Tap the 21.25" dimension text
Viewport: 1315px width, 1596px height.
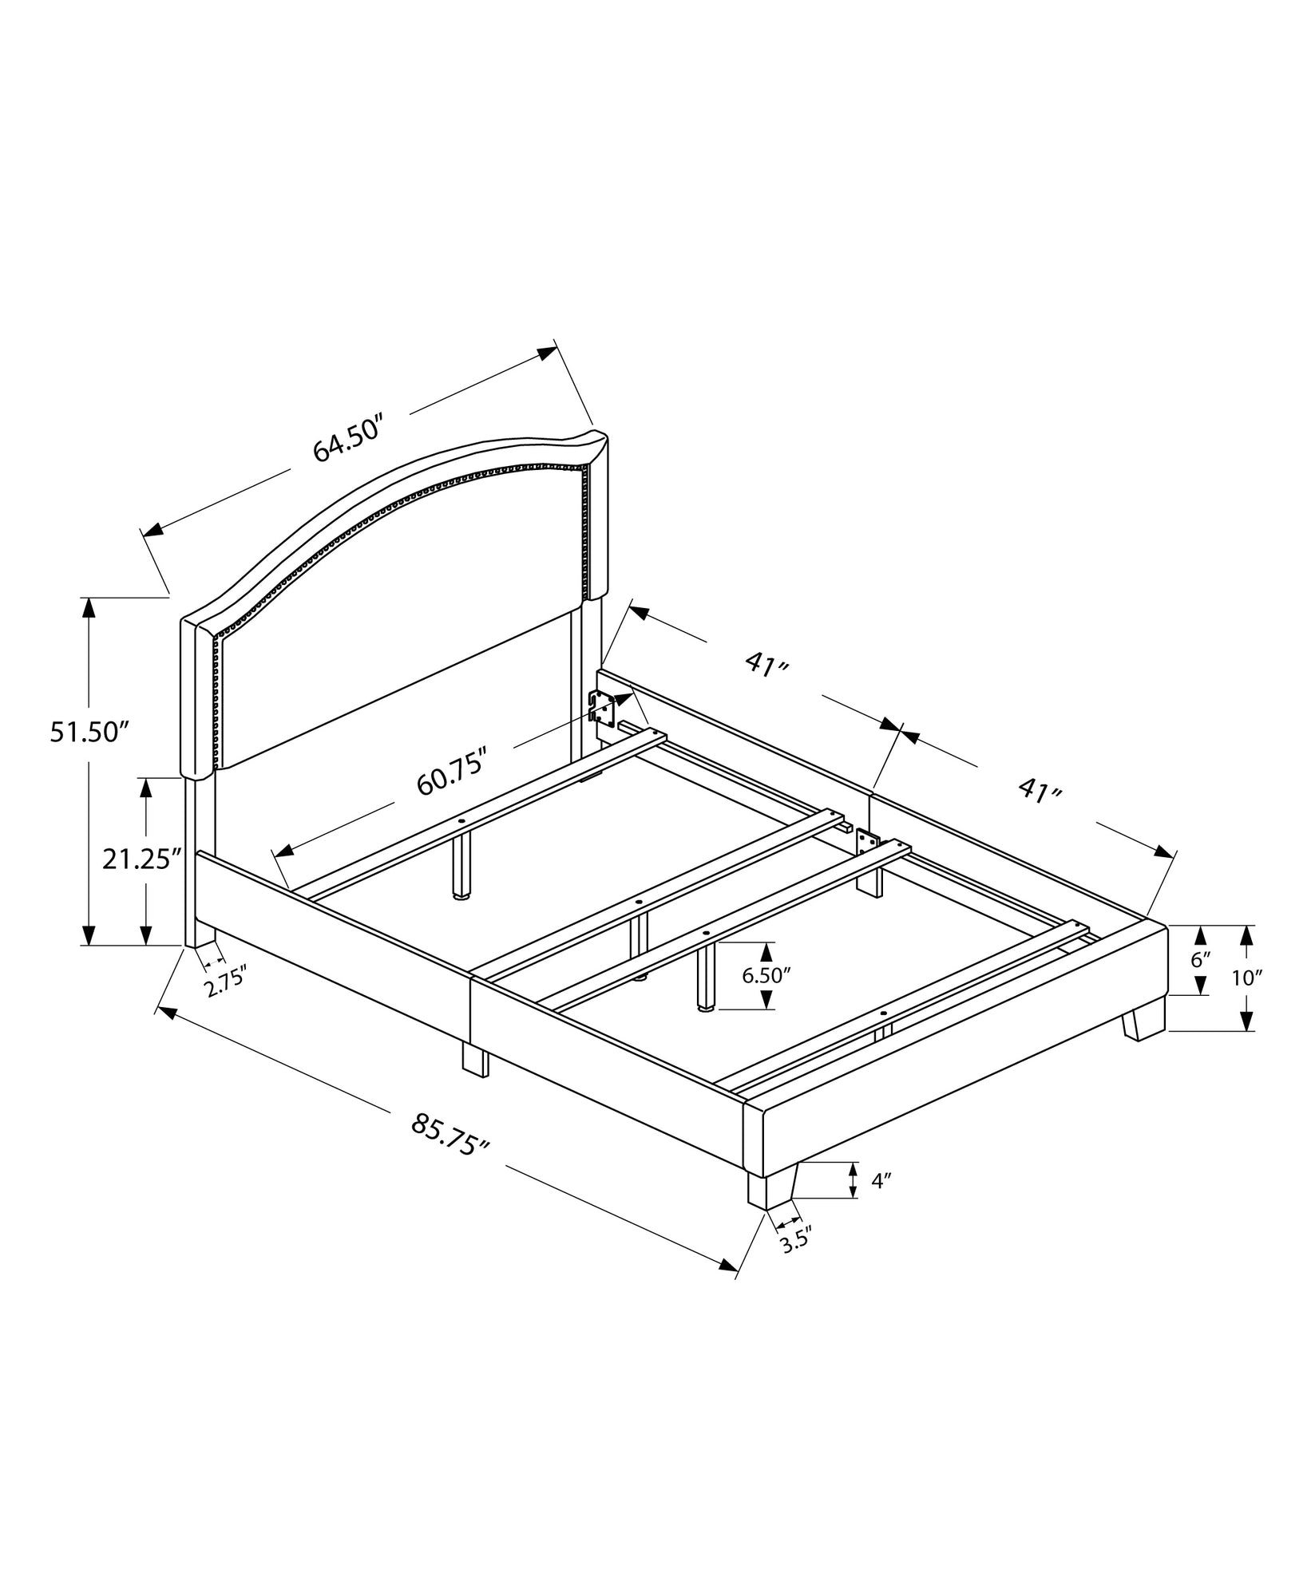[137, 859]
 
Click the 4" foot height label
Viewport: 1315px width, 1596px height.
[881, 1203]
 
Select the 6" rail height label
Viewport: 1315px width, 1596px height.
[1200, 959]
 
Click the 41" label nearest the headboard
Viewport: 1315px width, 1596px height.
[766, 665]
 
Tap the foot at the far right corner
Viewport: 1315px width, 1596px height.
[1143, 1024]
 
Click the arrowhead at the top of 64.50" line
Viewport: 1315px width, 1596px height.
[547, 352]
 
